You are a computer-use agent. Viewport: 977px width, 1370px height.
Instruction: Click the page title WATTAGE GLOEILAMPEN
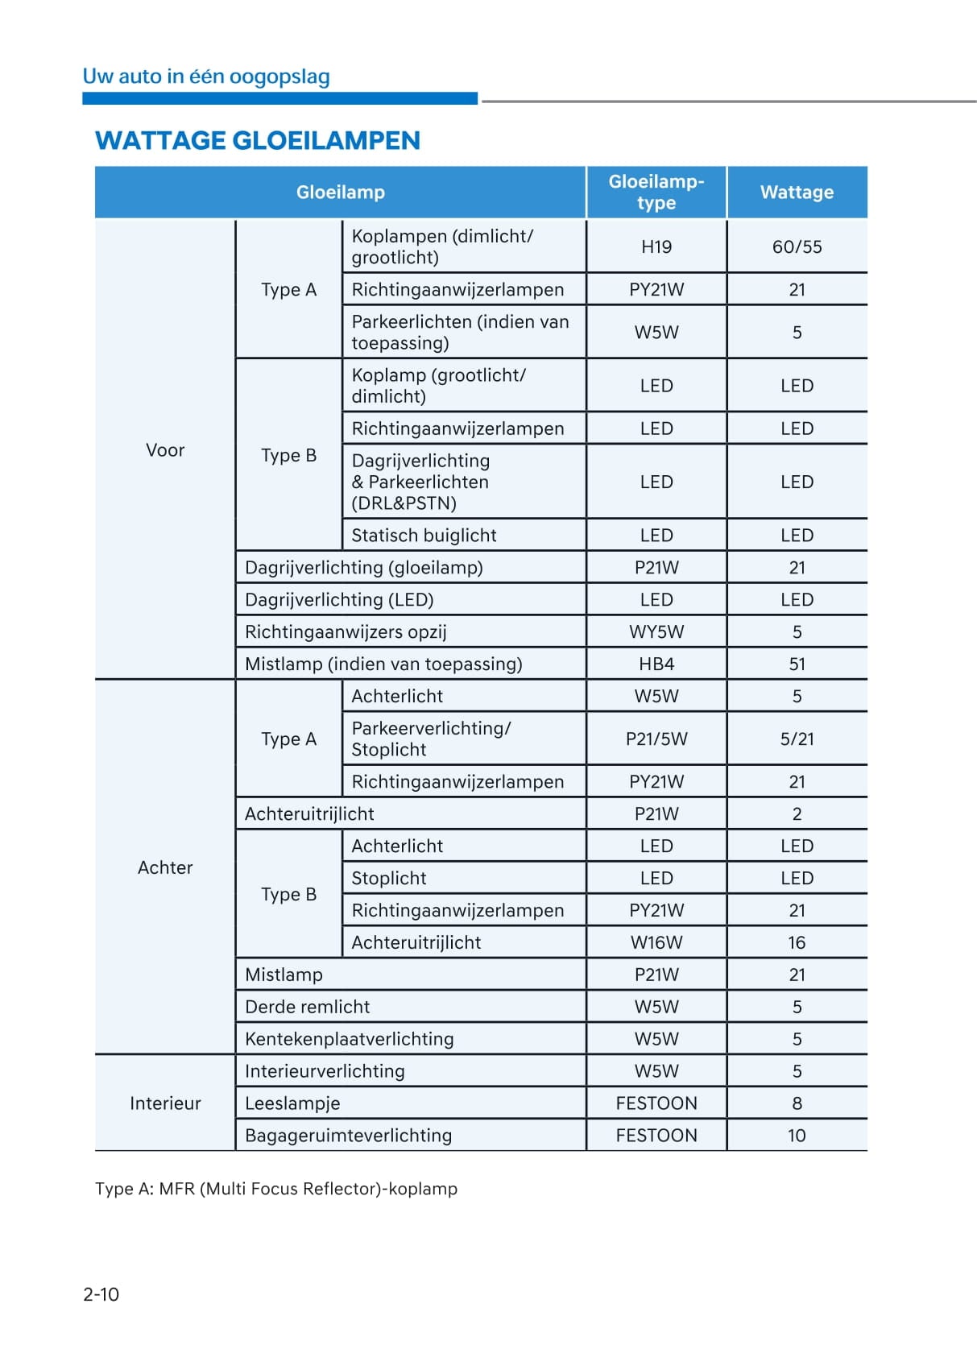pyautogui.click(x=258, y=141)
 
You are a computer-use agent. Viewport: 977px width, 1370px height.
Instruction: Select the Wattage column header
pyautogui.click(x=797, y=192)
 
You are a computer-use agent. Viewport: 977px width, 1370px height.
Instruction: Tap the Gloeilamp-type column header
pyautogui.click(x=656, y=192)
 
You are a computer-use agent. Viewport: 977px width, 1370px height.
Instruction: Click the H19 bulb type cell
pyautogui.click(x=656, y=247)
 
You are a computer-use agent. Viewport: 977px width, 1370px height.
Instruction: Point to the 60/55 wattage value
pyautogui.click(x=797, y=247)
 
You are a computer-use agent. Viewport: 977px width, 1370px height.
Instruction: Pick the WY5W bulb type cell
pyautogui.click(x=656, y=632)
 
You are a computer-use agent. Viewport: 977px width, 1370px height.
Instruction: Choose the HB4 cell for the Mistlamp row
pyautogui.click(x=656, y=664)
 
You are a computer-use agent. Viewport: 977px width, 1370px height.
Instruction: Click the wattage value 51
pyautogui.click(x=797, y=664)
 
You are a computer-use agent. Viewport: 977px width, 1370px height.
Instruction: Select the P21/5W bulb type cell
pyautogui.click(x=656, y=739)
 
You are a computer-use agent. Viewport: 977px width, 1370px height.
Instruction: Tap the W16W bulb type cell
pyautogui.click(x=656, y=943)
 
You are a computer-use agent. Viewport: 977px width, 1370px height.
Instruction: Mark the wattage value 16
pyautogui.click(x=797, y=943)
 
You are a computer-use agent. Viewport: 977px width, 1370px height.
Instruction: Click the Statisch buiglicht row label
pyautogui.click(x=424, y=536)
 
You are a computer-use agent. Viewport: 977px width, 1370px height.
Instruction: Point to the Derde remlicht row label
pyautogui.click(x=307, y=1008)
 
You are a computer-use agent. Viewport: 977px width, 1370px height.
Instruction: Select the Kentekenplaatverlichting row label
pyautogui.click(x=349, y=1040)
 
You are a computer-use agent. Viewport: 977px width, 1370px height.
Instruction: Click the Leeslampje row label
pyautogui.click(x=292, y=1104)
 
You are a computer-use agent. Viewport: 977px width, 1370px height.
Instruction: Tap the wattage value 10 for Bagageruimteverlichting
pyautogui.click(x=797, y=1136)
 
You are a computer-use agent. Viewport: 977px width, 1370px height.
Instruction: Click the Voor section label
pyautogui.click(x=165, y=450)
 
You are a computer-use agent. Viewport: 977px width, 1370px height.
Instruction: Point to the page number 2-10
pyautogui.click(x=101, y=1294)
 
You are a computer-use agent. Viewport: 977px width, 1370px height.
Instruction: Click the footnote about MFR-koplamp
pyautogui.click(x=276, y=1190)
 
